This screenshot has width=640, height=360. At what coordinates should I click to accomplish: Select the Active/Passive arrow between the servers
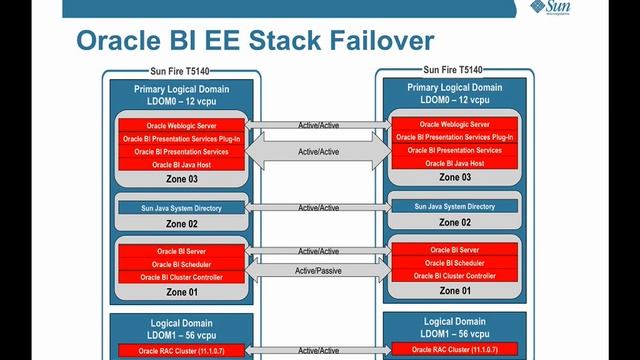tap(318, 270)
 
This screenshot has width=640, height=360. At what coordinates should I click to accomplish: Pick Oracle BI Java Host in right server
tap(456, 162)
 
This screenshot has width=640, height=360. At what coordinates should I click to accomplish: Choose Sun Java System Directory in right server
tap(456, 206)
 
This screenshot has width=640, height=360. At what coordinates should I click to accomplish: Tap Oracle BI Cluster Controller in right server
tap(456, 275)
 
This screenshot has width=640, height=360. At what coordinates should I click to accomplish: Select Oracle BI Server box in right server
tap(456, 249)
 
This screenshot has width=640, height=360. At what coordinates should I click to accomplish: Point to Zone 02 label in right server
tap(456, 222)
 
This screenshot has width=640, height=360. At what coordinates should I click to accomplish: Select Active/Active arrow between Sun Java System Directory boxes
tap(318, 208)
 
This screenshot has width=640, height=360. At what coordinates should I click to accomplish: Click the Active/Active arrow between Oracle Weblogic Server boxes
tap(318, 125)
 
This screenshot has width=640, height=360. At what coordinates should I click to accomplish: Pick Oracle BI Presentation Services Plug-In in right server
tap(456, 137)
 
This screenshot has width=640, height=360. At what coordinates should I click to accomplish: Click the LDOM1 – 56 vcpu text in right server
tap(456, 332)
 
